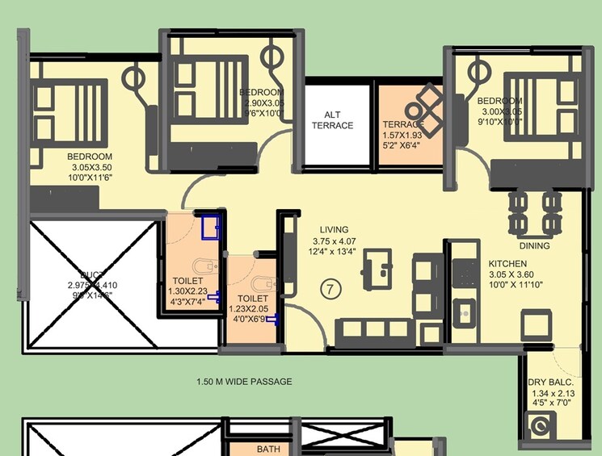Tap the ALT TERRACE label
point(333,120)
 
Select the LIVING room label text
point(333,229)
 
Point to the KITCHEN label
point(507,264)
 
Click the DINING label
point(535,246)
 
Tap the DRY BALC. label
point(550,382)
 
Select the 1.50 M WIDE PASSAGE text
point(244,382)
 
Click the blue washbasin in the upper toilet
point(212,226)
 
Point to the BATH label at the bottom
point(267,449)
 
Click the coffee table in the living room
point(376,267)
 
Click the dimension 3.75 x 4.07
point(334,241)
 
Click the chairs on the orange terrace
point(423,111)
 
